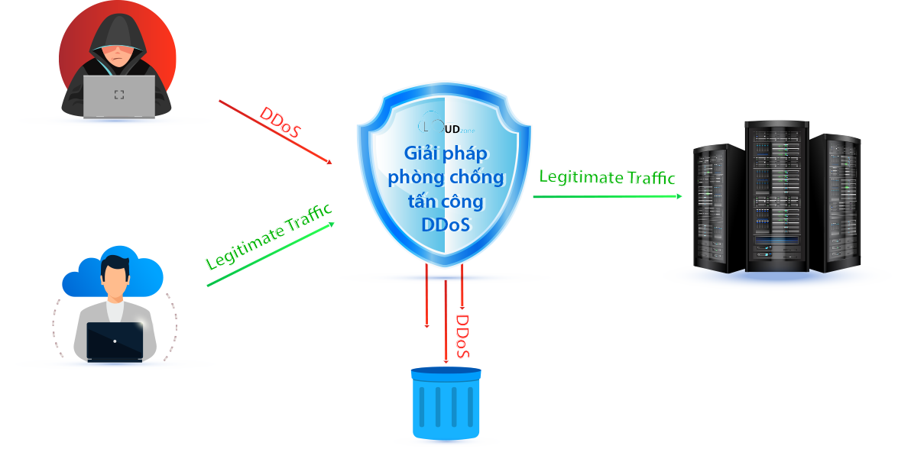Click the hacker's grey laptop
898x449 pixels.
[119, 95]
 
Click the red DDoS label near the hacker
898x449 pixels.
[280, 123]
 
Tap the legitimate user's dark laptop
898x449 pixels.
[115, 341]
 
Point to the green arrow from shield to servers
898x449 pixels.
[608, 196]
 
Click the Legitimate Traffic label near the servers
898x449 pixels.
[608, 177]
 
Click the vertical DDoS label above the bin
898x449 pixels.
[462, 335]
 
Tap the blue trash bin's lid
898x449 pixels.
[446, 373]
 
